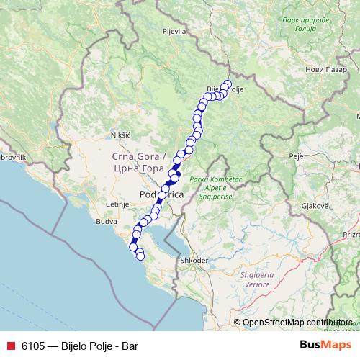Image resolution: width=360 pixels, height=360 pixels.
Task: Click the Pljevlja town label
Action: [x=174, y=32]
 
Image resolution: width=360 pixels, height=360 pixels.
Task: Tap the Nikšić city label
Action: [x=120, y=135]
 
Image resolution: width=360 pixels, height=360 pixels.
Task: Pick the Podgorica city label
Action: [x=162, y=195]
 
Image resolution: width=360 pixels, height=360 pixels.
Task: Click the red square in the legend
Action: [x=9, y=345]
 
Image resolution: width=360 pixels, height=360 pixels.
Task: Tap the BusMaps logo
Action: [x=325, y=345]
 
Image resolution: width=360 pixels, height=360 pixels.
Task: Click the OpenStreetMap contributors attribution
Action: [x=297, y=323]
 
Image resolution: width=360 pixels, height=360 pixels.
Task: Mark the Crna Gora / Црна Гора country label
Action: [x=140, y=161]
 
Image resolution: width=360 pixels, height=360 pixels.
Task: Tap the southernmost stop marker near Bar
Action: [x=140, y=256]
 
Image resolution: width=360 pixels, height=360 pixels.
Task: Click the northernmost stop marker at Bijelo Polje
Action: [x=228, y=84]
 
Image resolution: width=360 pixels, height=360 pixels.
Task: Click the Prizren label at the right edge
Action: [x=351, y=234]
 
